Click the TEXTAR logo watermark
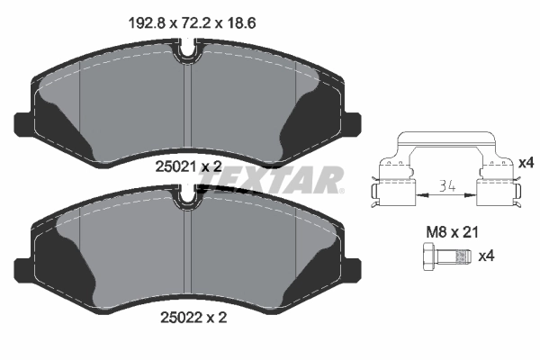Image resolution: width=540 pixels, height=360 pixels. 270,179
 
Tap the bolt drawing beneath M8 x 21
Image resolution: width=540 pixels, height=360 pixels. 444,257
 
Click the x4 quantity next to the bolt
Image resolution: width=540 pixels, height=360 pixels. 486,256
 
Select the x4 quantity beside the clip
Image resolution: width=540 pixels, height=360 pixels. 526,163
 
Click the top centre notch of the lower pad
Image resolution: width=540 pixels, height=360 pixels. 186,193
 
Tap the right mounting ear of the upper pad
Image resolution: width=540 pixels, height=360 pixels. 351,122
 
